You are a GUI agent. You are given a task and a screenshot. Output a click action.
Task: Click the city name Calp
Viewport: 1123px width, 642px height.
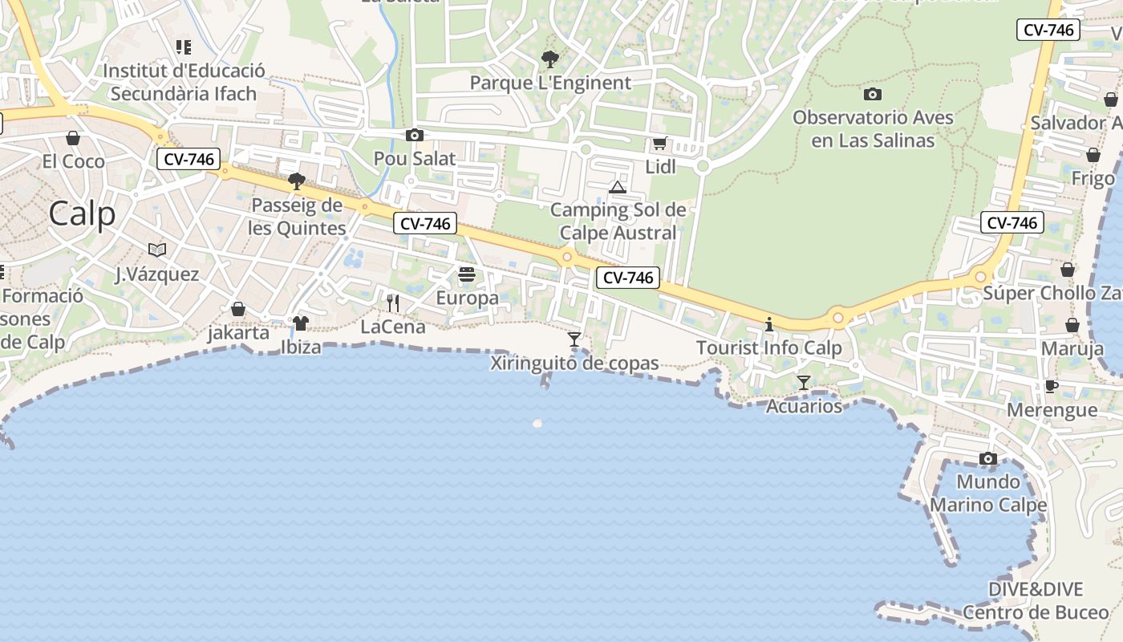82,214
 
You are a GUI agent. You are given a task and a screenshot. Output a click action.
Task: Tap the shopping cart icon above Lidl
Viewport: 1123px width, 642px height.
659,144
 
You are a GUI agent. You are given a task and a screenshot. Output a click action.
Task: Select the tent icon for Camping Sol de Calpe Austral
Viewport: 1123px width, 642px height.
617,188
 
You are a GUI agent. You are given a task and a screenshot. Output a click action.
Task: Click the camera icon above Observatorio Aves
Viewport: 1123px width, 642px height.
873,95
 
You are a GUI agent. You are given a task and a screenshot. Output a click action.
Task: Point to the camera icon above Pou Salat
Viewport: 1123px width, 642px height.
415,136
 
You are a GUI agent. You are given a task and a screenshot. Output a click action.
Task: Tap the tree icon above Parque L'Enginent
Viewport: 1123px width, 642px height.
549,59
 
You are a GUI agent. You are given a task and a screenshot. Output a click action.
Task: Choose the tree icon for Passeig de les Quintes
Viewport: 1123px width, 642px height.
297,181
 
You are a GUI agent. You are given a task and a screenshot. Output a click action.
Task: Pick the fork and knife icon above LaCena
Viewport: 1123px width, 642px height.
393,303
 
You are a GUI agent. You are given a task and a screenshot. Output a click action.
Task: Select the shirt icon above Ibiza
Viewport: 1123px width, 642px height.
301,323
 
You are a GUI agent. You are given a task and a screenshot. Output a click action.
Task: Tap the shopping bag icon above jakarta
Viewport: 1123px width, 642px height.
238,309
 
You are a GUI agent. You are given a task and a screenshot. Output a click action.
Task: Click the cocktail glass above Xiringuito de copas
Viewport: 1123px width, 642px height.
574,339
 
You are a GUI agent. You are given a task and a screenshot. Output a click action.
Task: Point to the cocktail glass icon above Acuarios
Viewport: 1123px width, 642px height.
804,383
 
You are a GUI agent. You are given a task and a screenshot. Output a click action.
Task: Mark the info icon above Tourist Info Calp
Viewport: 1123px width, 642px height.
769,325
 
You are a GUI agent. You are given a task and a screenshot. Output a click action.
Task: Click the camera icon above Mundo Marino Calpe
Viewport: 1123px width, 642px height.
988,459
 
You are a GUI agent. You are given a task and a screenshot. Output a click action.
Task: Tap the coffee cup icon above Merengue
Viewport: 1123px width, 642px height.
1052,387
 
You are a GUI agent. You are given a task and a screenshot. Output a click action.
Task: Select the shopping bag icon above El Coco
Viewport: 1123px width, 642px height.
73,138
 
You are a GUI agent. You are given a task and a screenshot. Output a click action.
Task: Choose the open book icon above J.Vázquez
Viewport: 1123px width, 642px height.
157,250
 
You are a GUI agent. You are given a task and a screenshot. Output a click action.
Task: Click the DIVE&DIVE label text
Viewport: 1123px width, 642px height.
1035,590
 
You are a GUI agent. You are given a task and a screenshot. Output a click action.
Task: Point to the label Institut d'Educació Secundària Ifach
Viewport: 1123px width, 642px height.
184,82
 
